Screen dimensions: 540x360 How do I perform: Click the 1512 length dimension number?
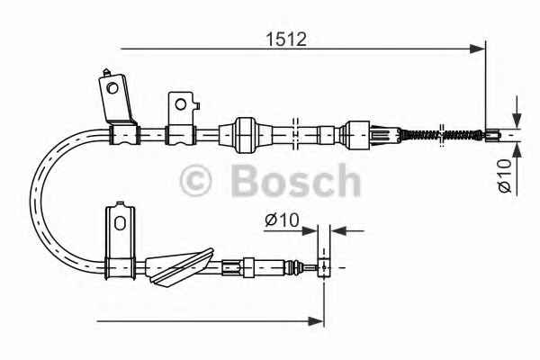[286, 39]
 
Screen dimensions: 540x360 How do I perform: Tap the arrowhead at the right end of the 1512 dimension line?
[477, 49]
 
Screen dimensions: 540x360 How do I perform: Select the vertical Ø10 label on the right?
[505, 176]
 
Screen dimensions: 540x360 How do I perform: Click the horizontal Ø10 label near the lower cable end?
[282, 220]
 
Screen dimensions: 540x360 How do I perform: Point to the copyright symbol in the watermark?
[195, 180]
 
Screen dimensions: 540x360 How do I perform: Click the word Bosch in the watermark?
[296, 181]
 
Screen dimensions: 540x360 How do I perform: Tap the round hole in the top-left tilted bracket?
[112, 88]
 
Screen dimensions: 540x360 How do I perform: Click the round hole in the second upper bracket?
[181, 104]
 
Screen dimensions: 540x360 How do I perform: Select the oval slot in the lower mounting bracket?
[120, 223]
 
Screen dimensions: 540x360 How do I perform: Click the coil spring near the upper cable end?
[442, 134]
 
